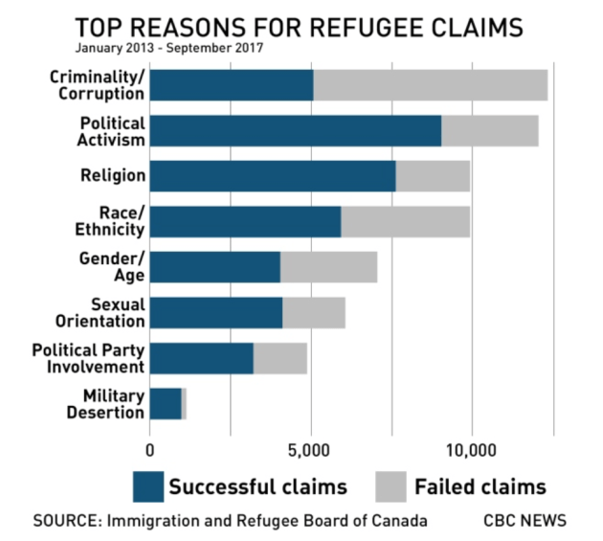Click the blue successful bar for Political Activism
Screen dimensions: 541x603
tap(295, 130)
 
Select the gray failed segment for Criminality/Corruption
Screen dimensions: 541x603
tap(430, 85)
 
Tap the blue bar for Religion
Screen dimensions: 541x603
tap(273, 176)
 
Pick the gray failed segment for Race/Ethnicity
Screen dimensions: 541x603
tap(405, 221)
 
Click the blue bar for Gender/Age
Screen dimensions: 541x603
tap(214, 267)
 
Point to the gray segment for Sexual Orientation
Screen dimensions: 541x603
tap(313, 313)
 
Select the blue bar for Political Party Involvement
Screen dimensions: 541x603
tap(201, 358)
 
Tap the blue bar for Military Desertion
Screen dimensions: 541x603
tap(166, 403)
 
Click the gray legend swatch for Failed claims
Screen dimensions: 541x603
tap(390, 486)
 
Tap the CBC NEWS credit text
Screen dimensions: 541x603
tap(525, 521)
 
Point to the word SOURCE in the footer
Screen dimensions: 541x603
tap(65, 521)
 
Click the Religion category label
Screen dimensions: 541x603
tap(114, 176)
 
